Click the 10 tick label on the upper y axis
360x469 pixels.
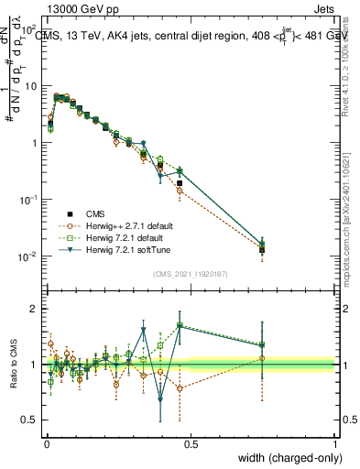(31, 85)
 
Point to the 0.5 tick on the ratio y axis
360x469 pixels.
(31, 420)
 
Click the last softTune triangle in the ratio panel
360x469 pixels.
(263, 346)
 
